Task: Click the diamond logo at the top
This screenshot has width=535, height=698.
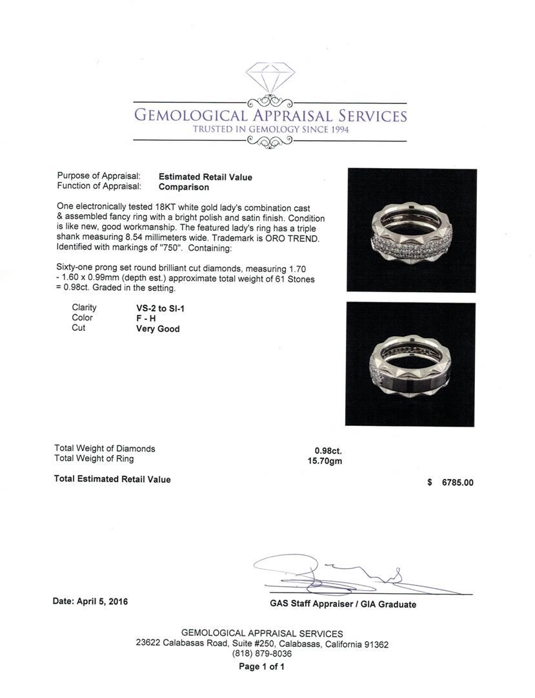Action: pos(270,77)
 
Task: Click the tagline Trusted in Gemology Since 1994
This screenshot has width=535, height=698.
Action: pos(270,130)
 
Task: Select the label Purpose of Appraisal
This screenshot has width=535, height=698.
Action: pos(99,176)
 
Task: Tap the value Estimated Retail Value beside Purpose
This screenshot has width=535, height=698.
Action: pos(205,177)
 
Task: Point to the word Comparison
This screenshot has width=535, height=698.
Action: pos(184,187)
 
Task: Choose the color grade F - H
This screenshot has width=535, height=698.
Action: pos(140,318)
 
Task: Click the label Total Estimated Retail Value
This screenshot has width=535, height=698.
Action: pos(113,480)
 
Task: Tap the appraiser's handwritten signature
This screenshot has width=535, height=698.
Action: pos(336,573)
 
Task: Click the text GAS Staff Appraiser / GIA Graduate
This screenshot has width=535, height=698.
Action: pos(343,604)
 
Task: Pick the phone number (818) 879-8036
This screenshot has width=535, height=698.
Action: pos(262,654)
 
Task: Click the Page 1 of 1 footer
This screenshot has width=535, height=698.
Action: pos(261,666)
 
